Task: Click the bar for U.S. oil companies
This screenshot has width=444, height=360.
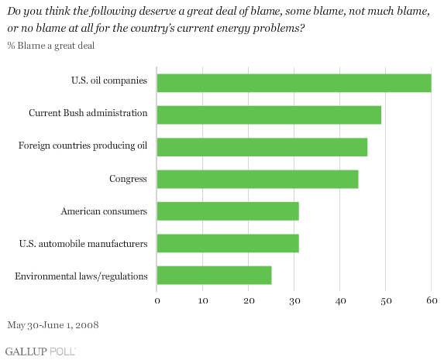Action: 294,83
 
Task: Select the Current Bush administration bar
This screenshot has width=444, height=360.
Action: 269,115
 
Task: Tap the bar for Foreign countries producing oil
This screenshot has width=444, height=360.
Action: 262,147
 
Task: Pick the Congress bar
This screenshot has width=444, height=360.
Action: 258,179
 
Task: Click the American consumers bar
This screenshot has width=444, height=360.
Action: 228,211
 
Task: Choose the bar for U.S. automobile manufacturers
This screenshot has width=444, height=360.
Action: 228,243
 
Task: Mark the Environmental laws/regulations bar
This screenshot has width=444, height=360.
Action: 215,275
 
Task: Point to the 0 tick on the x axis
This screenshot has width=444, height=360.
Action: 157,300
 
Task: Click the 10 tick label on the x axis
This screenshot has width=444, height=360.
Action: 203,300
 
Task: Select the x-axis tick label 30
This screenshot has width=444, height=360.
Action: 294,301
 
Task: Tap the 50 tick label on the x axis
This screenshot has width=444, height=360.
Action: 386,301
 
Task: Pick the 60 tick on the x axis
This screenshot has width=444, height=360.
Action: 432,300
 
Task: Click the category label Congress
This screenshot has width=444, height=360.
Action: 128,179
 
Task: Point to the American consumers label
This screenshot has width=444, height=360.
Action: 104,211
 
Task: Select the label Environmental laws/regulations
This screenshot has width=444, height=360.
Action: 81,276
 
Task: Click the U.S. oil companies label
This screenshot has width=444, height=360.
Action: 109,81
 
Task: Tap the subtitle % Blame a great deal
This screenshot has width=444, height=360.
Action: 51,46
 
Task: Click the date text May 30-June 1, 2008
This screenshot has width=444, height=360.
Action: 53,325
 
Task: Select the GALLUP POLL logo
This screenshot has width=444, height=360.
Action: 40,351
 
